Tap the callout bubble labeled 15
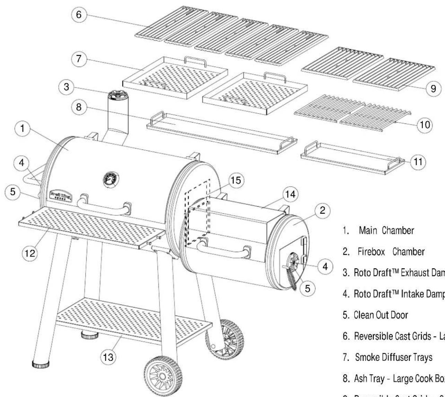pos(237,181)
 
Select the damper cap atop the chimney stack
pos(117,96)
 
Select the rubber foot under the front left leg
pos(40,364)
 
